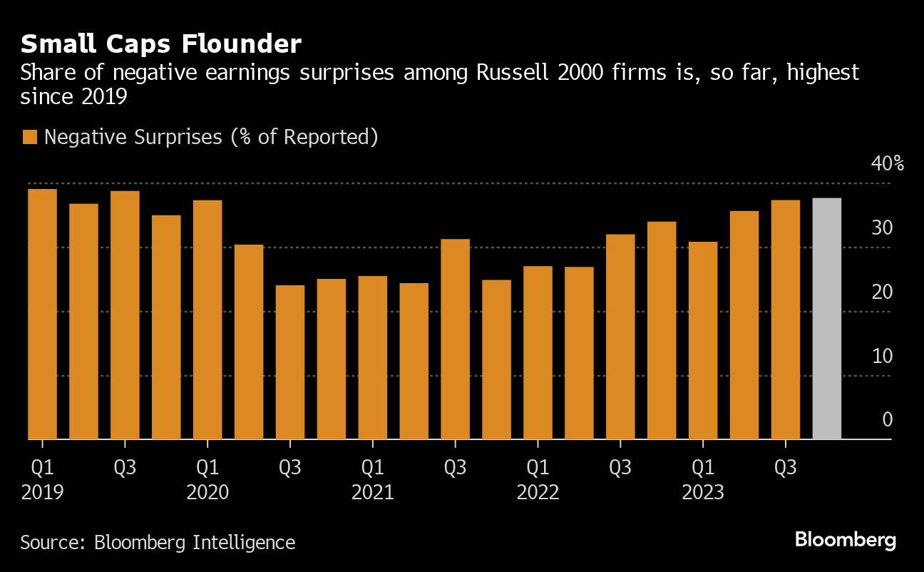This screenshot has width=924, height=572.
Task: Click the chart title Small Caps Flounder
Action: (x=161, y=44)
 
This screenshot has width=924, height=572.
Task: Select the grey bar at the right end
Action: (x=826, y=318)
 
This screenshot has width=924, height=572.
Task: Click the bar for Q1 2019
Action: (x=42, y=314)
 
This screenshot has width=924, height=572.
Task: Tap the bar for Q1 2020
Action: (x=207, y=320)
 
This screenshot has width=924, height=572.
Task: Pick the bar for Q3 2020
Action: (x=290, y=362)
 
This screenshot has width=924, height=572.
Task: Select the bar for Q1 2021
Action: (x=373, y=357)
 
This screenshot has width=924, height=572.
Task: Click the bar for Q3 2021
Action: (x=456, y=339)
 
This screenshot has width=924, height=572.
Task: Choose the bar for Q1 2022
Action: (x=538, y=352)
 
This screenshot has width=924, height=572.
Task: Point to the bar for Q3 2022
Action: (x=620, y=337)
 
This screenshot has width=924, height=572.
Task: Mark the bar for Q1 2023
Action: (x=703, y=340)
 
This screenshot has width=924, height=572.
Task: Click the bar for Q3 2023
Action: (x=786, y=320)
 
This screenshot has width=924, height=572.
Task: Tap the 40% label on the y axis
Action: (x=887, y=164)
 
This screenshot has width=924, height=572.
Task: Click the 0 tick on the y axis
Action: (x=888, y=419)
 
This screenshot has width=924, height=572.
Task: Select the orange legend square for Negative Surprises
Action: (x=29, y=138)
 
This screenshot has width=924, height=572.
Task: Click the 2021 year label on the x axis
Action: (x=373, y=493)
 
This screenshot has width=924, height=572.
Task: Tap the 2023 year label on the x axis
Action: (x=703, y=493)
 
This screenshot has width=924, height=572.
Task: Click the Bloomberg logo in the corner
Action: (x=846, y=540)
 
